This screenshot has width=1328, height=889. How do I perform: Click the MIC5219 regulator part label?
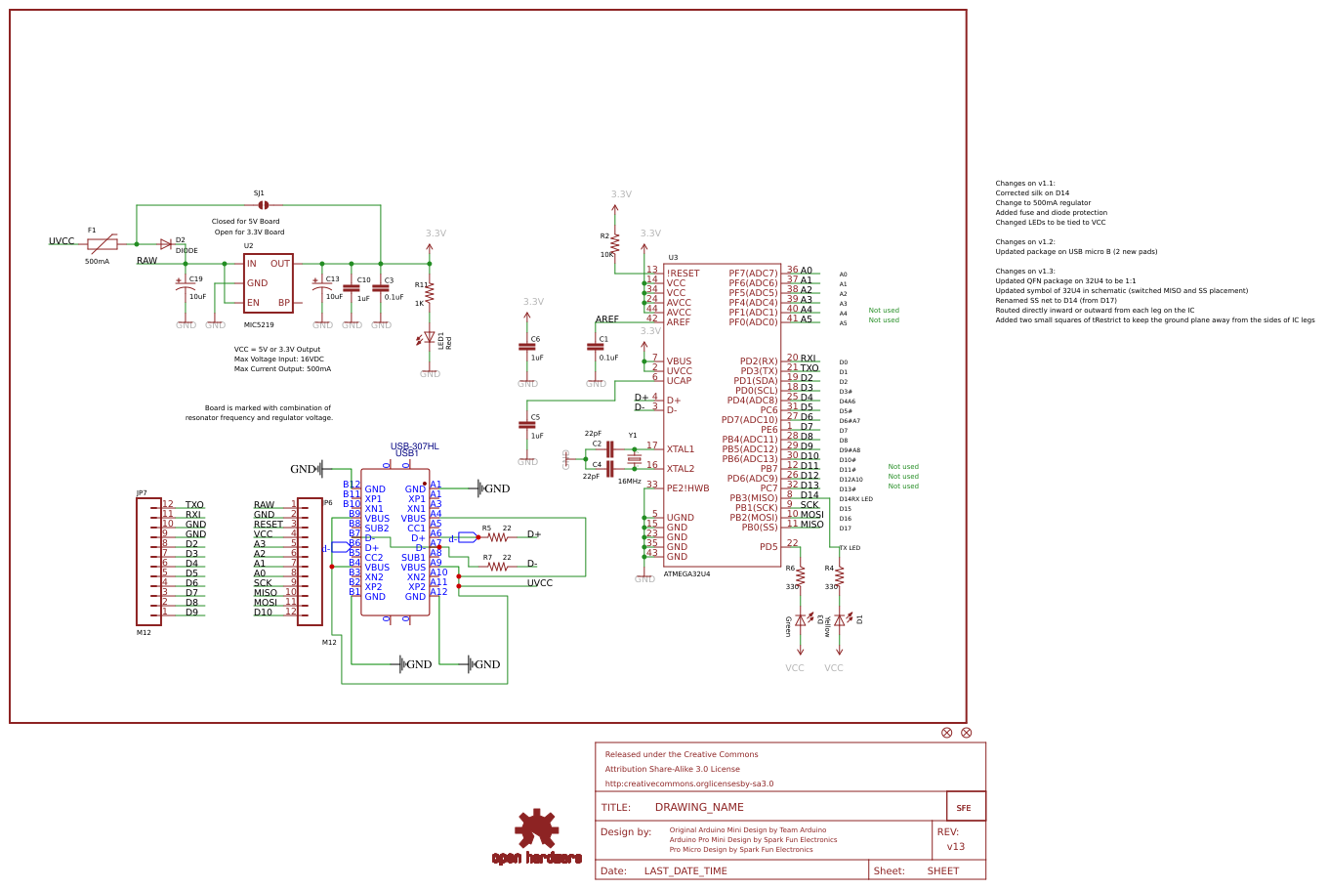tap(259, 324)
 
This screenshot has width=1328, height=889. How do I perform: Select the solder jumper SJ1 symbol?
tap(263, 205)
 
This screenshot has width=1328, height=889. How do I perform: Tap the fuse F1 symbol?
tap(102, 244)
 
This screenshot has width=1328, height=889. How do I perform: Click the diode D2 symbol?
tap(166, 244)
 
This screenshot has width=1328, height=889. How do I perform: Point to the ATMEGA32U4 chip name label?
tap(686, 574)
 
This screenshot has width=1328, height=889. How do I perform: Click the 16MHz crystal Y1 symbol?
tap(634, 459)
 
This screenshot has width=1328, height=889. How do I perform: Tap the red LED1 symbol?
tap(429, 338)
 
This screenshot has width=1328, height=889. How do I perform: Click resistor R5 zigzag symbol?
tap(498, 537)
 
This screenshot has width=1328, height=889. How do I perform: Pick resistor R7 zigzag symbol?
tap(498, 567)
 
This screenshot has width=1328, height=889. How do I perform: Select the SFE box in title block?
tap(965, 807)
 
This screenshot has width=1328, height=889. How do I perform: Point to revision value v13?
tap(956, 847)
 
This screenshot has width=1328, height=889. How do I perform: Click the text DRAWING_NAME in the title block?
tap(699, 808)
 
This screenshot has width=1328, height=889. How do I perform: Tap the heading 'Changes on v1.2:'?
tap(1025, 242)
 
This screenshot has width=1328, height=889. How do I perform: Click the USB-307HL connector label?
tap(414, 446)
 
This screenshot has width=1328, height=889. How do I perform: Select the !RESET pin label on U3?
tap(684, 274)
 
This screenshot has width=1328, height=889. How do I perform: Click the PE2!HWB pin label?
tap(688, 488)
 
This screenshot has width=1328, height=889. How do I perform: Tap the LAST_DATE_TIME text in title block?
tap(685, 871)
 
